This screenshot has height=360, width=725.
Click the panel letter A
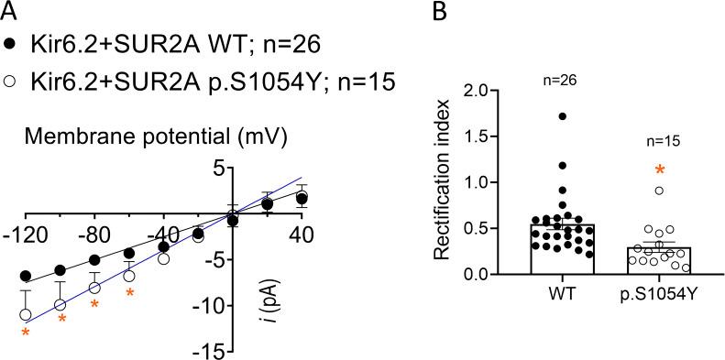point(10,11)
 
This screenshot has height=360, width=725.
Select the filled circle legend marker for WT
point(10,45)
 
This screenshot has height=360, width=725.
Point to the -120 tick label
point(27,236)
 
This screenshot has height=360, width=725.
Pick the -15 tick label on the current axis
point(210,351)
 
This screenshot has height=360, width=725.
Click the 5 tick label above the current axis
point(219,169)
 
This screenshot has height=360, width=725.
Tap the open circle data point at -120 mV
point(27,314)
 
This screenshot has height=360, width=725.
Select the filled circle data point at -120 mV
point(27,276)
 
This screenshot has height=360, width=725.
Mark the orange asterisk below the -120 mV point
point(27,333)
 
